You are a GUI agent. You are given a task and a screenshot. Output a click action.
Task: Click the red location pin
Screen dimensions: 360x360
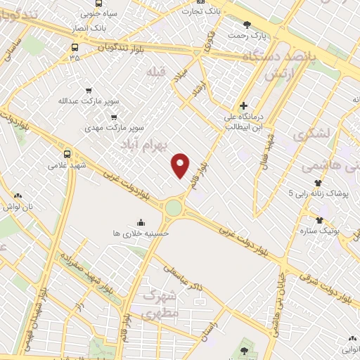point(181,165)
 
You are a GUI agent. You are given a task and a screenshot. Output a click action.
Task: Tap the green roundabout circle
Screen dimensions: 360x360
point(173,207)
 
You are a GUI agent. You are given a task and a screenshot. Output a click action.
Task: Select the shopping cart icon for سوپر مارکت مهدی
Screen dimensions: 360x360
point(114,117)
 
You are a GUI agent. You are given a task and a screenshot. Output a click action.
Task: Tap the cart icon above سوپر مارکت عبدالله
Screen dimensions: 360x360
point(88,90)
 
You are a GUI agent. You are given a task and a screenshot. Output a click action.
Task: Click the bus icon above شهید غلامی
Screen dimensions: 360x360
point(67,154)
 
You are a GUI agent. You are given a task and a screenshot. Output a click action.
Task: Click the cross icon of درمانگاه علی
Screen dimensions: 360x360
point(243,105)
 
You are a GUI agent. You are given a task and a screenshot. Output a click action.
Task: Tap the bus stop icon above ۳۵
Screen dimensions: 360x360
point(75,48)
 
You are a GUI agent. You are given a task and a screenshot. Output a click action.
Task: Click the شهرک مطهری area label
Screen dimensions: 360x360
point(161,307)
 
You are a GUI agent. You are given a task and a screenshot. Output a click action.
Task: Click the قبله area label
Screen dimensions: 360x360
point(154,73)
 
